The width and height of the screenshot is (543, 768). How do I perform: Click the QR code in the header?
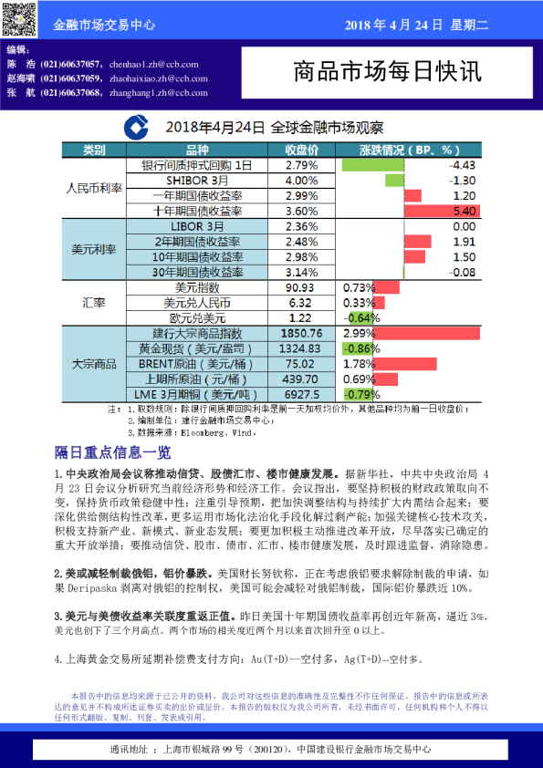[x=18, y=18]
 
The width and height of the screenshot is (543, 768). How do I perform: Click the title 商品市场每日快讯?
[x=390, y=72]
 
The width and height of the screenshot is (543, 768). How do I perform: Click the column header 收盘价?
[x=301, y=150]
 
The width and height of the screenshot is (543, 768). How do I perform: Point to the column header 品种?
[x=196, y=150]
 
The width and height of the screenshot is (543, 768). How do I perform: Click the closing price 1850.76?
[x=301, y=334]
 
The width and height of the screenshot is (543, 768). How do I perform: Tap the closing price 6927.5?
[x=301, y=394]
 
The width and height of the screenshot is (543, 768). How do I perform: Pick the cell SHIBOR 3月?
[x=196, y=181]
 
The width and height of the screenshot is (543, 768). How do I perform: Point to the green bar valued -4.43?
[x=371, y=165]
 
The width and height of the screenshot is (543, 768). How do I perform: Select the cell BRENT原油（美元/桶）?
[x=196, y=364]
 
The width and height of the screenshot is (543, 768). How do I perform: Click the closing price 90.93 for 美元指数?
[x=301, y=288]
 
